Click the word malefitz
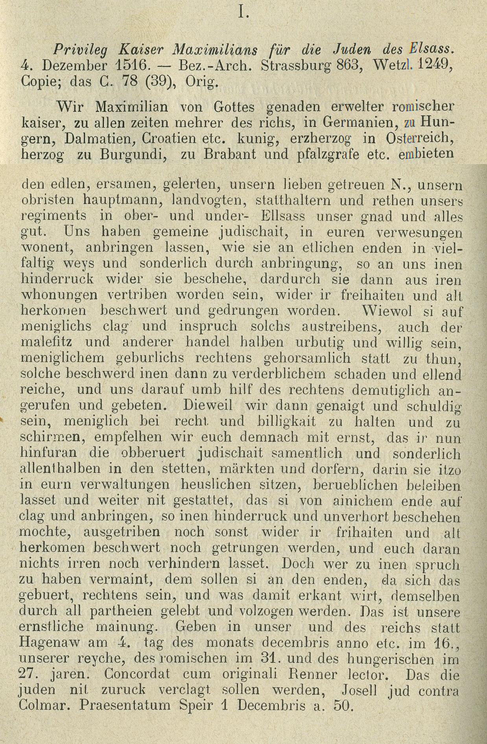click(47, 342)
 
